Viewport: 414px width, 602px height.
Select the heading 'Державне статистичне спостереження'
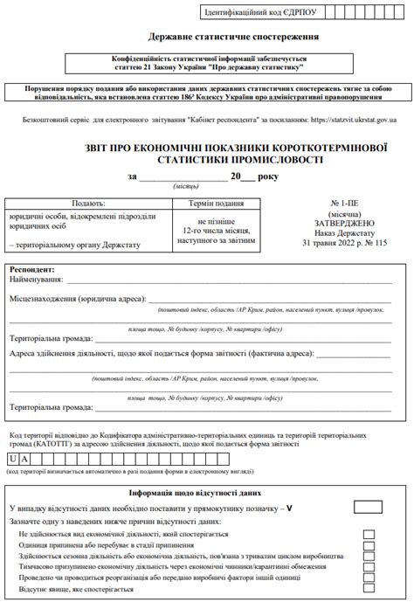click(x=207, y=37)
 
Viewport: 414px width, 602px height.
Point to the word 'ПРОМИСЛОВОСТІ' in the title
click(x=273, y=160)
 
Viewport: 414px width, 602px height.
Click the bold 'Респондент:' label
click(x=32, y=269)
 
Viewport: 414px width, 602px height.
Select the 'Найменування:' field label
click(x=38, y=280)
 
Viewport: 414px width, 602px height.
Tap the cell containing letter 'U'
click(x=14, y=459)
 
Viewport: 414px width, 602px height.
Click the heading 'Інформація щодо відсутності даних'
click(x=207, y=493)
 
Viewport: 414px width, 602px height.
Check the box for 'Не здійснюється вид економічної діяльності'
click(x=369, y=533)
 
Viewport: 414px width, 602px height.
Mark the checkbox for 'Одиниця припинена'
click(x=369, y=544)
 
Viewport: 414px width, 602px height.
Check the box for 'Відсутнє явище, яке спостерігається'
click(x=369, y=590)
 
